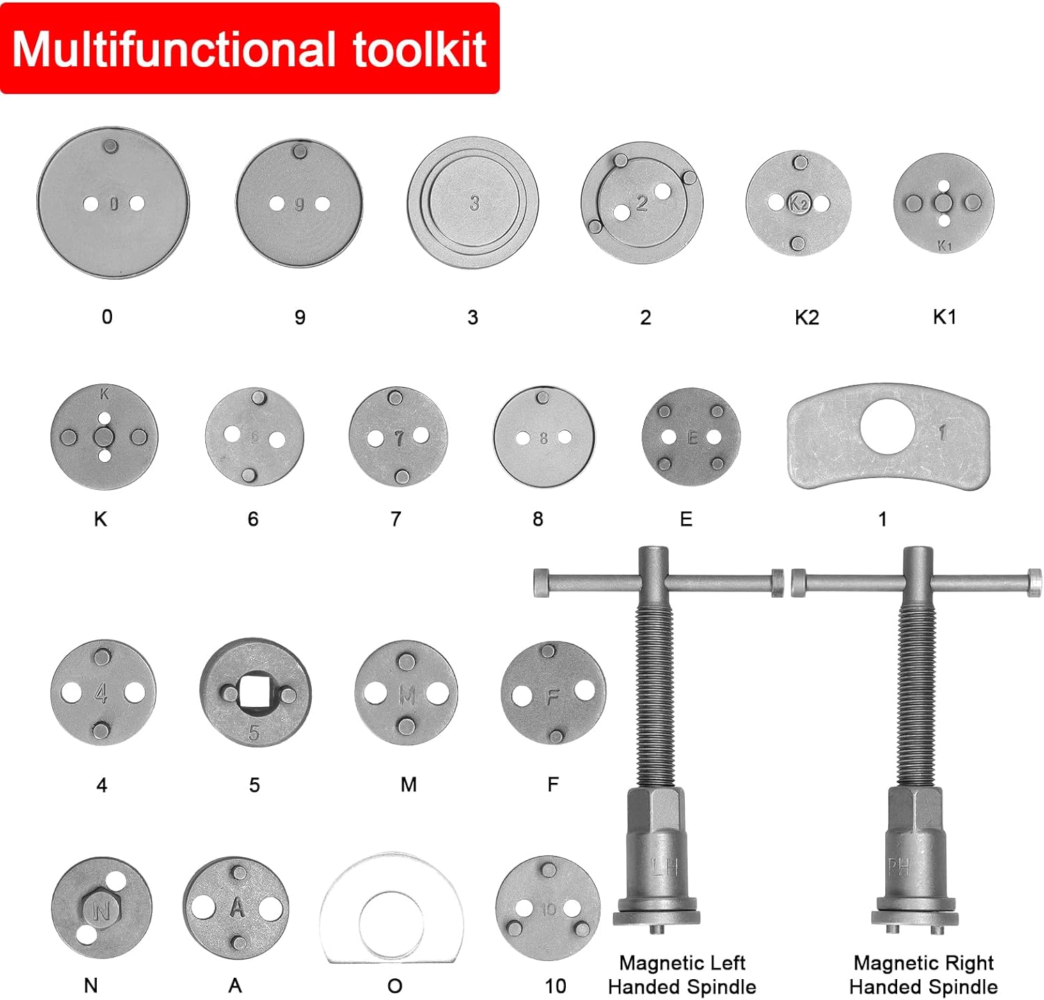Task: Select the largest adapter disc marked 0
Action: [113, 203]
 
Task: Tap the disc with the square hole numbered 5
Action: [255, 693]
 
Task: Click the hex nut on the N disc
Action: [100, 910]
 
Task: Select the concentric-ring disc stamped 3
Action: [473, 203]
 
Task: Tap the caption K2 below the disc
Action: [807, 317]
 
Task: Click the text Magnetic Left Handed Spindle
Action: [681, 975]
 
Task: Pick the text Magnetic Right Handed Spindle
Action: [923, 975]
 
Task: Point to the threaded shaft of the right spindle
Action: [917, 696]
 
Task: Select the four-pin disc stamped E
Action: [690, 438]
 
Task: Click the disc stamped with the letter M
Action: [406, 693]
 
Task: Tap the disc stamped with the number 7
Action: [398, 437]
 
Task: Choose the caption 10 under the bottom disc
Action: [555, 986]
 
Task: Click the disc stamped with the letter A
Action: [237, 907]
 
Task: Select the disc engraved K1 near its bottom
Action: [944, 203]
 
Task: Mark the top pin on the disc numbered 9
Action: [300, 152]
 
